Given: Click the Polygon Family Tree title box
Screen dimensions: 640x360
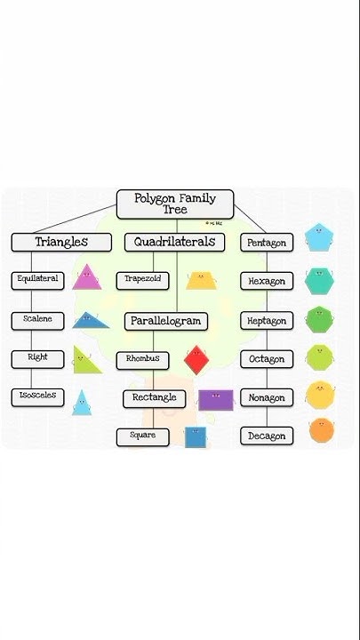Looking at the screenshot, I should pyautogui.click(x=175, y=204).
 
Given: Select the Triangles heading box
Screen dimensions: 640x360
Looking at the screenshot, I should pyautogui.click(x=61, y=242).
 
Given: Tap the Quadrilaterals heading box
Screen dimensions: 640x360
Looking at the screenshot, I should pyautogui.click(x=175, y=242).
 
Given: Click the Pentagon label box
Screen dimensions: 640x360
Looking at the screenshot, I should pyautogui.click(x=267, y=243).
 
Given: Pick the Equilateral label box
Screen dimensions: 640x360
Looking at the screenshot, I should pyautogui.click(x=38, y=279).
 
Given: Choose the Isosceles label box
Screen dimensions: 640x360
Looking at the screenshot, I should pyautogui.click(x=38, y=397).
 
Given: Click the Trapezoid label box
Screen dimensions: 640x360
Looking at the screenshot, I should pyautogui.click(x=143, y=280).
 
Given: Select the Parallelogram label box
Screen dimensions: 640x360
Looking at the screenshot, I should pyautogui.click(x=166, y=321).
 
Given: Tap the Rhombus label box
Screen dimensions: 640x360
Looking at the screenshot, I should pyautogui.click(x=143, y=359).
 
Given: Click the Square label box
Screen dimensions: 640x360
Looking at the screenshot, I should pyautogui.click(x=143, y=436).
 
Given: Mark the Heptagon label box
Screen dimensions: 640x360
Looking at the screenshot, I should pyautogui.click(x=267, y=321).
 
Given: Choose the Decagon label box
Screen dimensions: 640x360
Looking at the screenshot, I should pyautogui.click(x=267, y=436).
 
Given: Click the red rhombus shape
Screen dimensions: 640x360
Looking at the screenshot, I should pyautogui.click(x=196, y=360).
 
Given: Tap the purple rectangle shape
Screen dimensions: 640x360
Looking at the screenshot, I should pyautogui.click(x=215, y=400).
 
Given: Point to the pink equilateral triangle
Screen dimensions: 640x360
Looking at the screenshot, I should pyautogui.click(x=86, y=279).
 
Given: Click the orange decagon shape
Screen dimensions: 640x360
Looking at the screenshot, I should pyautogui.click(x=321, y=431).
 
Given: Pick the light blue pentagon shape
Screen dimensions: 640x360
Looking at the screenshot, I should pyautogui.click(x=318, y=237).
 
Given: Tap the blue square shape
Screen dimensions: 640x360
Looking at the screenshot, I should pyautogui.click(x=195, y=436).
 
